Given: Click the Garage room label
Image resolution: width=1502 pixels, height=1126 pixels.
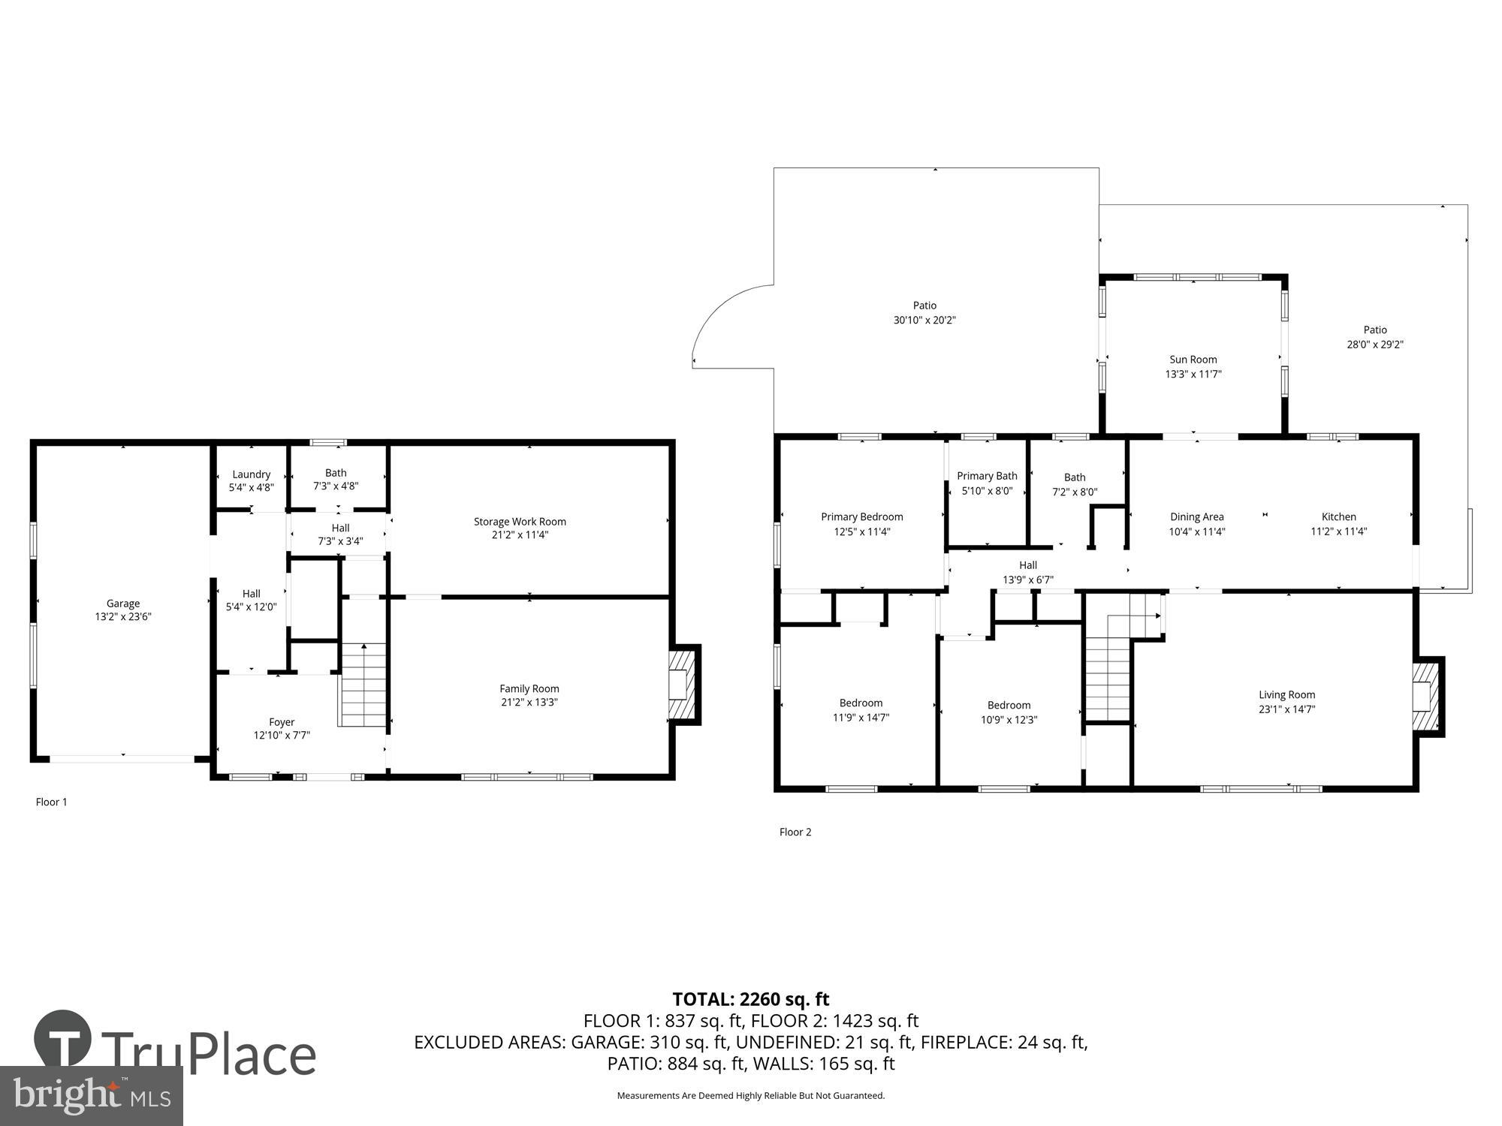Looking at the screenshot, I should [x=122, y=603].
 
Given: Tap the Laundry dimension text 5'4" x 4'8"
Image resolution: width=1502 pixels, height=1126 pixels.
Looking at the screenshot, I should [x=251, y=487].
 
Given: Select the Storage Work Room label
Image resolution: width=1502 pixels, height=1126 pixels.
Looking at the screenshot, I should [x=520, y=521].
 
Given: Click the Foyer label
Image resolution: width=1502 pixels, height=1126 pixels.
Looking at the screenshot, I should [x=282, y=722].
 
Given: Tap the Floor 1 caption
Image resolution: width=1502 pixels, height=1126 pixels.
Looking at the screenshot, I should [x=51, y=802].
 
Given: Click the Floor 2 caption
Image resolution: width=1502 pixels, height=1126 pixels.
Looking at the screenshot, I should [x=795, y=832].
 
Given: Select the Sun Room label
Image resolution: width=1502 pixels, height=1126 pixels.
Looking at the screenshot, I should [x=1193, y=360].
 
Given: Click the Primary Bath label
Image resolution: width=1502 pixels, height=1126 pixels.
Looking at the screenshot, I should [x=987, y=476].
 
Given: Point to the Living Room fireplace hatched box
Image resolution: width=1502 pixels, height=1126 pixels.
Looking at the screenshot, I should [x=1426, y=695].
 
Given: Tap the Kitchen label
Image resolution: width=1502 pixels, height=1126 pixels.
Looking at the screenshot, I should [x=1338, y=516].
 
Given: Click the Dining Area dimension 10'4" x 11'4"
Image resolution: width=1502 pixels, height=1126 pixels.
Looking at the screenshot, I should [x=1196, y=531].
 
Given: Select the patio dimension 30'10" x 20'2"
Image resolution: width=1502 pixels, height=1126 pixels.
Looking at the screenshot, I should [x=924, y=320].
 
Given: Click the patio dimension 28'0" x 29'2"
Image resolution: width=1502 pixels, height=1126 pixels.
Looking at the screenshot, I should [x=1374, y=345].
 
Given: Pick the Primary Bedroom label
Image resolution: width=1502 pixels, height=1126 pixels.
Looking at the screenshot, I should [x=861, y=516].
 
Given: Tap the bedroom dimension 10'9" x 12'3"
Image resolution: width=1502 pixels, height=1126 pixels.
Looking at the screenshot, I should [x=1009, y=719].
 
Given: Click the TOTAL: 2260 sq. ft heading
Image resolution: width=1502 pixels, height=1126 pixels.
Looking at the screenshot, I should [x=750, y=999].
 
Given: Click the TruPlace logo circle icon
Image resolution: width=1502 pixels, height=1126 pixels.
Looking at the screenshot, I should [x=63, y=1040].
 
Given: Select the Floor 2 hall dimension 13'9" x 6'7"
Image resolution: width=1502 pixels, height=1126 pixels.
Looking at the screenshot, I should [x=1027, y=580].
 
